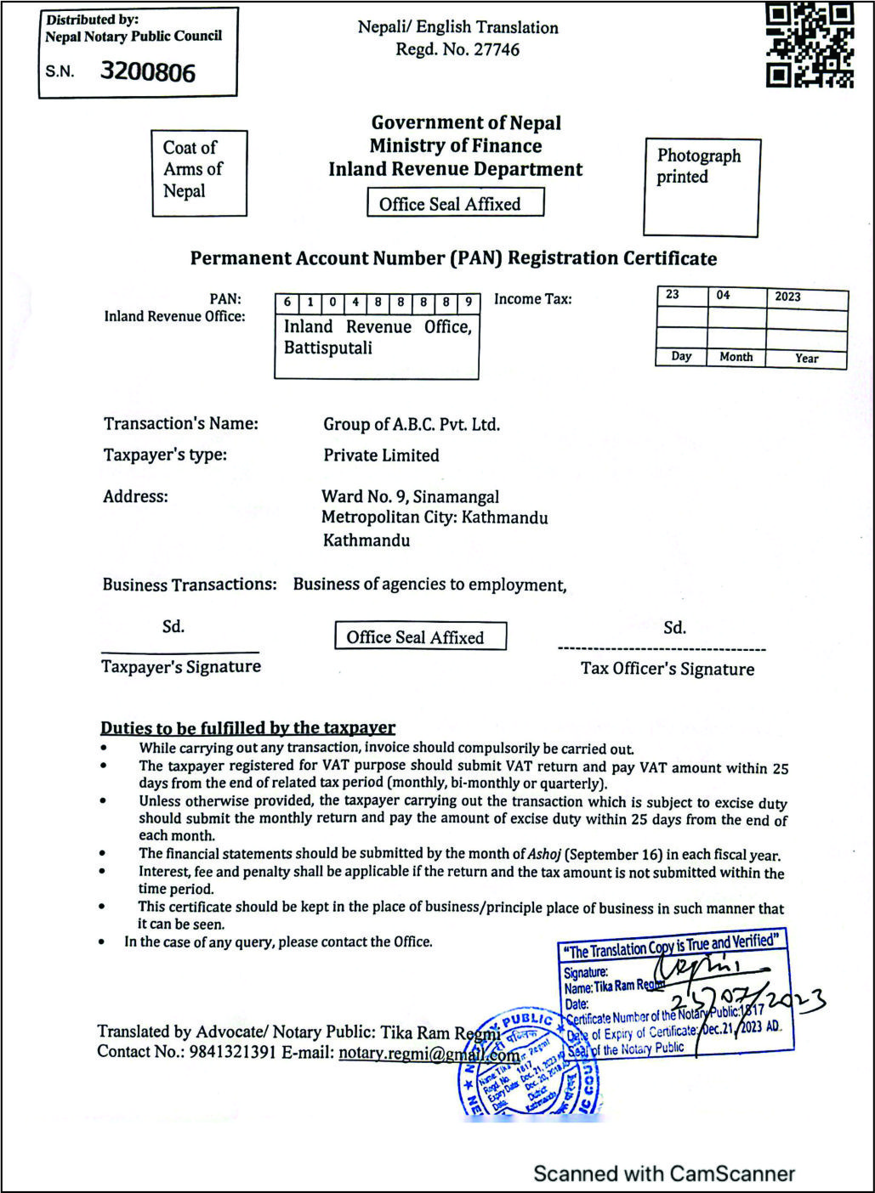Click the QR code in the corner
(x=810, y=45)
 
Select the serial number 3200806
(x=148, y=72)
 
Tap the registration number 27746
(x=497, y=49)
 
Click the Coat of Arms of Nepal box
(x=199, y=172)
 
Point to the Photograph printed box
(x=701, y=186)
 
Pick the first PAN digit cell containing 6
(x=287, y=302)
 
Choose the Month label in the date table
(x=736, y=357)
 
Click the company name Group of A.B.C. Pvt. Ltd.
(x=412, y=425)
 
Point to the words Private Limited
(x=381, y=455)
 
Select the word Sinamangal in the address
(x=456, y=497)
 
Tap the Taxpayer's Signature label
(x=181, y=667)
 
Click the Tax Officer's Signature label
(x=668, y=670)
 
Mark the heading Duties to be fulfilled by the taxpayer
(x=247, y=728)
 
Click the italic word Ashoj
(x=544, y=854)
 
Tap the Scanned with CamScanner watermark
(x=663, y=1174)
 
